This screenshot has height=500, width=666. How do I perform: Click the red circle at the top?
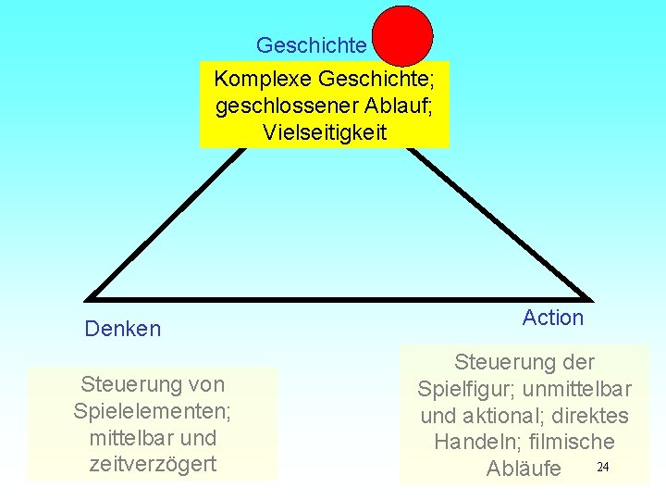pos(402,36)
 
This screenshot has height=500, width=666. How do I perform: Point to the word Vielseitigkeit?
pos(324,132)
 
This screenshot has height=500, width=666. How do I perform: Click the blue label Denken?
pos(122,329)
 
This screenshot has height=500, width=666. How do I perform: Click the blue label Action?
pos(552,318)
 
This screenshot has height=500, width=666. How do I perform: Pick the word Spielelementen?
pos(153,409)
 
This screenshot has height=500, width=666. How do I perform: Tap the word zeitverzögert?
pos(153,464)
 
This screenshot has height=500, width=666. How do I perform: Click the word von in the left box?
pos(204,383)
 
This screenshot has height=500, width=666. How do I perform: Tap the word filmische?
pos(570,443)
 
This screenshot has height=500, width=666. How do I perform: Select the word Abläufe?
pos(524,469)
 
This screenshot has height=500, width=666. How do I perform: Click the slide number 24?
pos(602,466)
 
